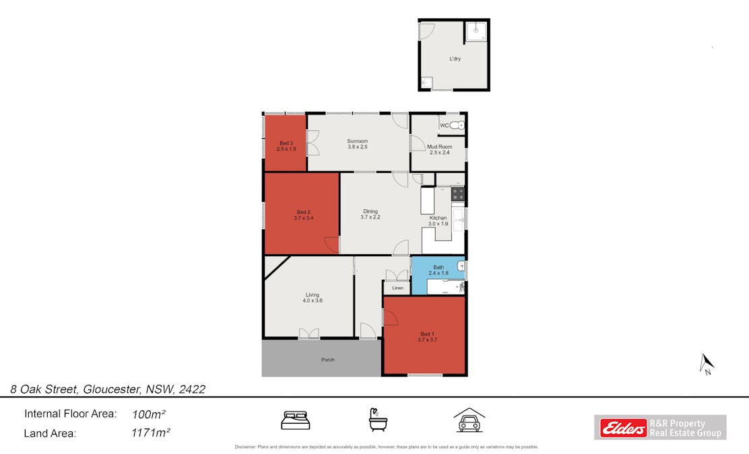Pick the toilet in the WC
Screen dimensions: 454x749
[458, 126]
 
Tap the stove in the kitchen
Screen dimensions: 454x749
[457, 194]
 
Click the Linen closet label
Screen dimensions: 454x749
[397, 288]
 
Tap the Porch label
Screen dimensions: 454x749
[328, 360]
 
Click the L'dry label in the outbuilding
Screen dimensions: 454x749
[455, 59]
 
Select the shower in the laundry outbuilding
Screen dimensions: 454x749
[477, 30]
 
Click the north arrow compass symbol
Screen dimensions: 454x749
[707, 364]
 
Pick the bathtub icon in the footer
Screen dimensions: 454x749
[378, 420]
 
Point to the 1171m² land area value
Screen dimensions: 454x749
[150, 433]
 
